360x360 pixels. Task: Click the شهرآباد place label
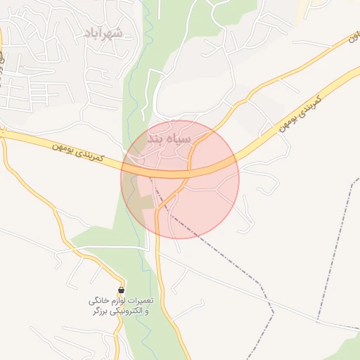[x=103, y=32]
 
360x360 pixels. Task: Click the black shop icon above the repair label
[x=122, y=290]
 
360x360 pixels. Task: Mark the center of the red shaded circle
[x=180, y=179]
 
